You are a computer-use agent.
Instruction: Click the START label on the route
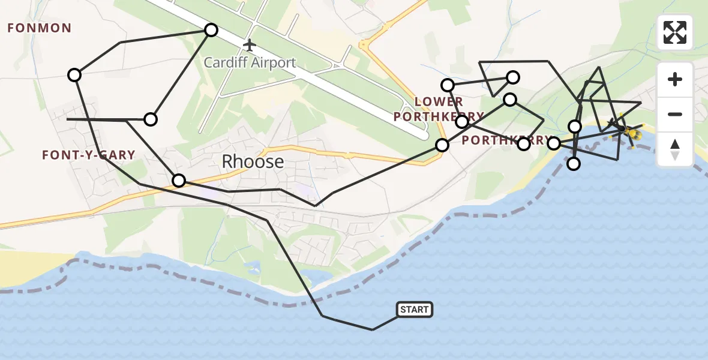414,310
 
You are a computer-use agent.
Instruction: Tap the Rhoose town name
253,161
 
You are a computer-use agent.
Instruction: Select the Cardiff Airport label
250,62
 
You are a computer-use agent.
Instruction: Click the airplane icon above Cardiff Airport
250,45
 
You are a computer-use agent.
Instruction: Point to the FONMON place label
40,28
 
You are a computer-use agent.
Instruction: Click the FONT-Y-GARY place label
88,155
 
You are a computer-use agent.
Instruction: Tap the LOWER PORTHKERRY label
439,109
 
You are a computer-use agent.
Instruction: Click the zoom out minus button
675,114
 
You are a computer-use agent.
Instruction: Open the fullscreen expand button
675,32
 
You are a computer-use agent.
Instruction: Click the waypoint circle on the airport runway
211,29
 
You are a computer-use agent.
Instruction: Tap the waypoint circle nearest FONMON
74,75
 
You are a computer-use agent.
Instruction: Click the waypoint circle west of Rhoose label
179,180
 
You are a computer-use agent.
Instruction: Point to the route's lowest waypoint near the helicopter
574,163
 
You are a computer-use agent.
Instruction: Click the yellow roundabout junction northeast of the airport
364,45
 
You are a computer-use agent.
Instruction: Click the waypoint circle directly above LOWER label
448,85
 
